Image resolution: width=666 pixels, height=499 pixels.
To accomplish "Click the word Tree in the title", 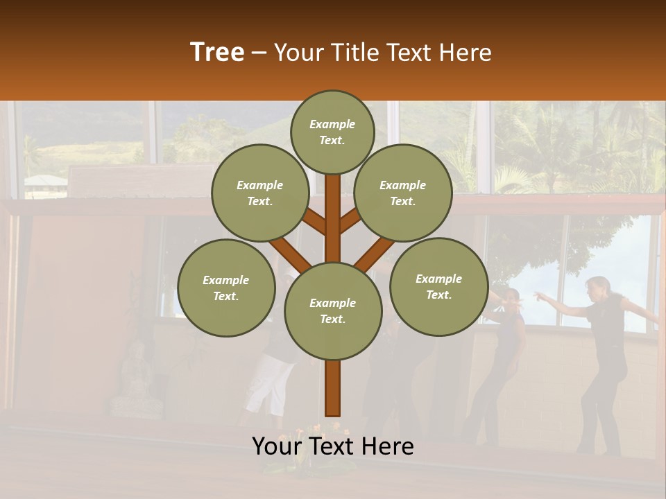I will point(217,52).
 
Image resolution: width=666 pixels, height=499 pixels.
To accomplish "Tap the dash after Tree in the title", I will point(259,53).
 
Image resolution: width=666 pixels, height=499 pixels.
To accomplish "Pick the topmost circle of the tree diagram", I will point(332,132).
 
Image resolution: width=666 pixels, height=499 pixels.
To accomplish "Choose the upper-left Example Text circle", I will point(260,193).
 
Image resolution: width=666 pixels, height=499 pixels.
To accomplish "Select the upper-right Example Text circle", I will point(403,193).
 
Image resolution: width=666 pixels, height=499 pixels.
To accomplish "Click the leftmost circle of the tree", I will point(226,288).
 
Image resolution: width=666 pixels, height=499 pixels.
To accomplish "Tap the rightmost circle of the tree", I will point(438,287).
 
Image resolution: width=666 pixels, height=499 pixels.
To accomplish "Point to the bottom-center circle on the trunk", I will point(333,311).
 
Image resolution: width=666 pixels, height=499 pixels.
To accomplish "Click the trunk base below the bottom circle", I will point(333,388).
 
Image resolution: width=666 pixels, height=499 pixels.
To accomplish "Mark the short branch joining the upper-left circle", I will point(314,222).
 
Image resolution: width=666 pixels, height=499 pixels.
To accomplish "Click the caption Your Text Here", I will point(333,446).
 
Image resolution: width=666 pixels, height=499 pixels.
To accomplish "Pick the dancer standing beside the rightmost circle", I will point(503,360).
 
